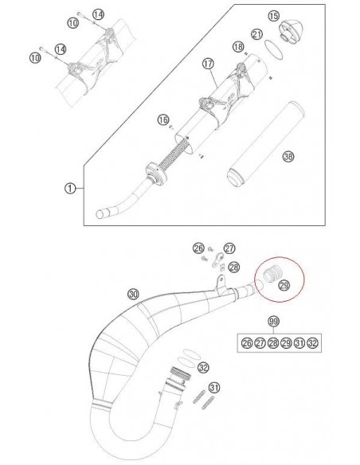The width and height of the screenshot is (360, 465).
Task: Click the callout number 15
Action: (274, 16)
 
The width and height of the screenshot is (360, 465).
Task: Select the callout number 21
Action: (257, 34)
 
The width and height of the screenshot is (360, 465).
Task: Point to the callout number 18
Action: (238, 46)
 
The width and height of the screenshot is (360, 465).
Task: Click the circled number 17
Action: (208, 64)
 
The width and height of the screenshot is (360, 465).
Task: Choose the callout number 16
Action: (162, 119)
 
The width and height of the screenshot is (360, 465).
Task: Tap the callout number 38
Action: (288, 156)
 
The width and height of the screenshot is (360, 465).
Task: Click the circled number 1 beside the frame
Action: (70, 189)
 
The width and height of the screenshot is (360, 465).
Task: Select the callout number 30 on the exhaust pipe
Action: (134, 294)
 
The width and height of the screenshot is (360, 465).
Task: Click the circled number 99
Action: (273, 321)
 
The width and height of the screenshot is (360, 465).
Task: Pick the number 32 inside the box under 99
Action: (312, 343)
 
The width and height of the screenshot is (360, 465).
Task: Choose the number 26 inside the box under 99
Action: (247, 343)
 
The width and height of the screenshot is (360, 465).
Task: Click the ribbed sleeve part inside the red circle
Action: (270, 273)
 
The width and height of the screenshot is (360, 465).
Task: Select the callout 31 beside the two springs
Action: (215, 388)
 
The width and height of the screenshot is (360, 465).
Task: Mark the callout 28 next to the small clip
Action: (234, 268)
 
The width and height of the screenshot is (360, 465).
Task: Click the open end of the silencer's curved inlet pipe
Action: (100, 214)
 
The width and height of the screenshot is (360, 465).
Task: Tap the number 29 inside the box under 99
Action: (286, 343)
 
